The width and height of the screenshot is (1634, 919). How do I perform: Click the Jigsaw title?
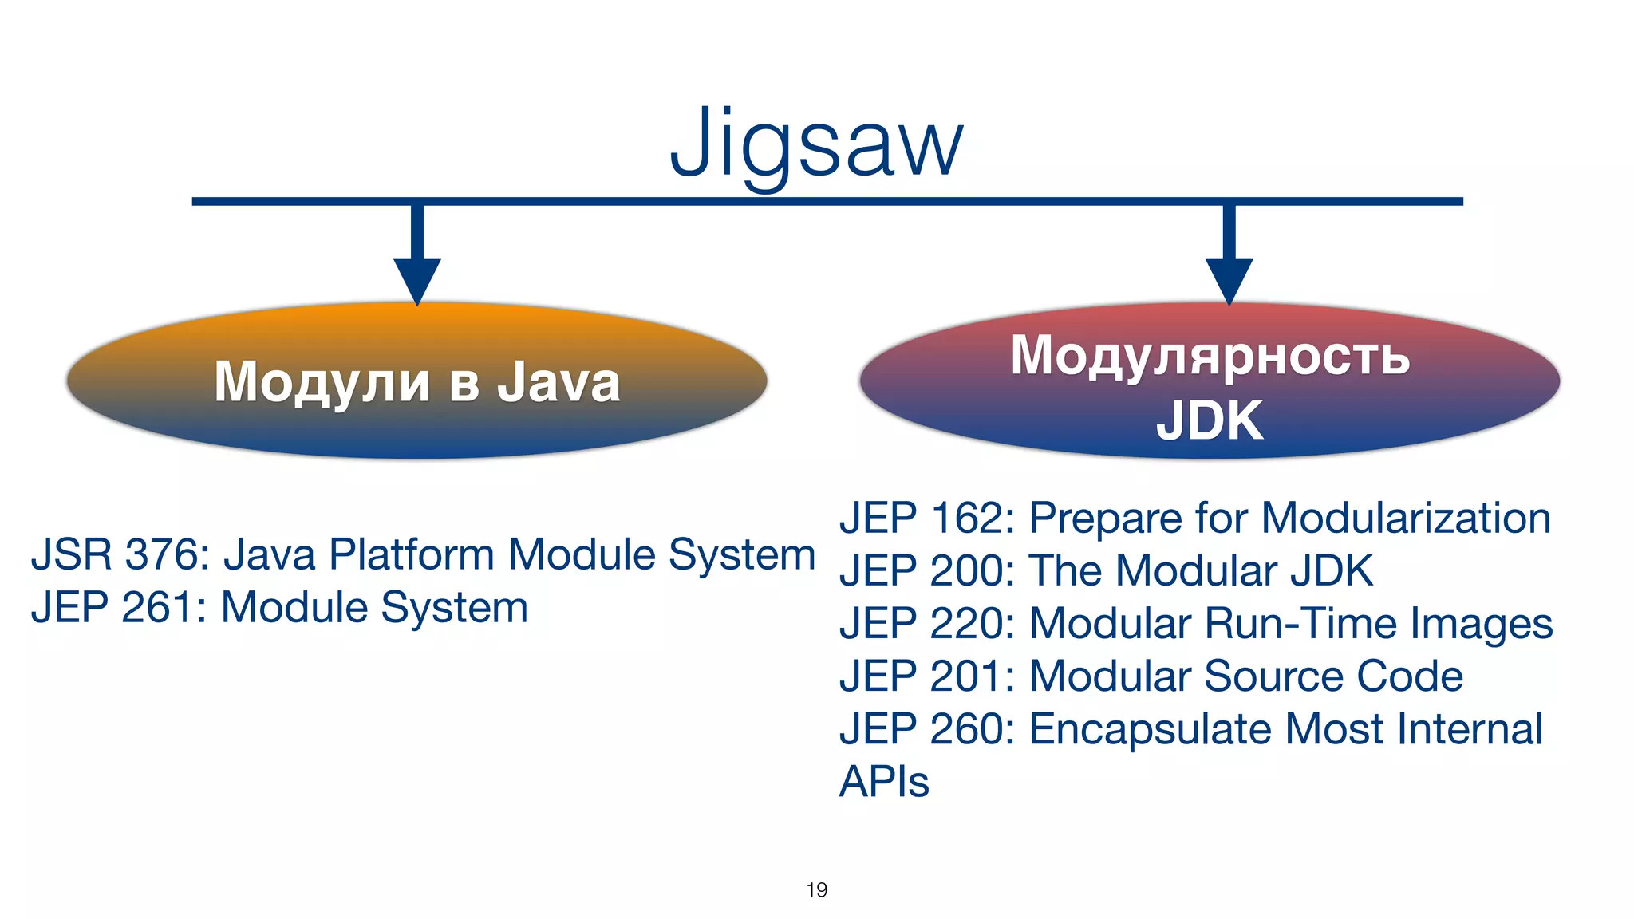click(x=816, y=144)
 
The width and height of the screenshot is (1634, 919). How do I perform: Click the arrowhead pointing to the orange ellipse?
click(x=416, y=278)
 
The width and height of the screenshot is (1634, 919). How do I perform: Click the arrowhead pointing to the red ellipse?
click(x=1229, y=278)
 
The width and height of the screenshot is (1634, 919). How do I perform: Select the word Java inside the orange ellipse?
click(x=558, y=382)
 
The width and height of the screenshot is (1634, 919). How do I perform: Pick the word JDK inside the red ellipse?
click(x=1210, y=420)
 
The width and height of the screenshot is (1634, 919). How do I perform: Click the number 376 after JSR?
click(x=166, y=554)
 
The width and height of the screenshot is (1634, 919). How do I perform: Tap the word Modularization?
click(x=1406, y=518)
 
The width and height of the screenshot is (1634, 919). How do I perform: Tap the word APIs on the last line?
click(x=884, y=781)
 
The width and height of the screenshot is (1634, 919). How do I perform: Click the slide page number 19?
click(x=816, y=889)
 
